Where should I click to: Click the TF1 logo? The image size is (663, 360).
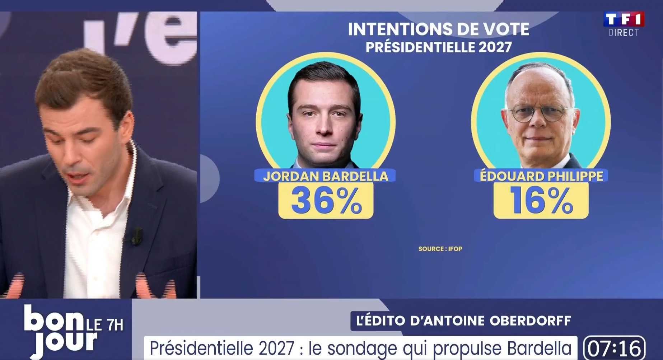tap(624, 19)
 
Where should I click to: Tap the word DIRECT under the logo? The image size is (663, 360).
tap(624, 33)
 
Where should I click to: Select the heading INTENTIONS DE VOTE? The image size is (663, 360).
tap(438, 29)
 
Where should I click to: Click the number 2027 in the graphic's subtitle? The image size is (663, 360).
tap(494, 47)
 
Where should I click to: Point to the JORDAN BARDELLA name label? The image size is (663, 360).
tap(326, 176)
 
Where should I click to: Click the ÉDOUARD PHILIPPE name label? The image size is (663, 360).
tap(541, 176)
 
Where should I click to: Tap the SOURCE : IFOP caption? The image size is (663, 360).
tap(440, 249)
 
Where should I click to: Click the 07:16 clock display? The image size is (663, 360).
tap(615, 348)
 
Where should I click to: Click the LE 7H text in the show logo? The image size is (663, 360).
tap(104, 325)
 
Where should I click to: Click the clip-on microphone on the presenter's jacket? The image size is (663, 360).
tap(137, 235)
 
